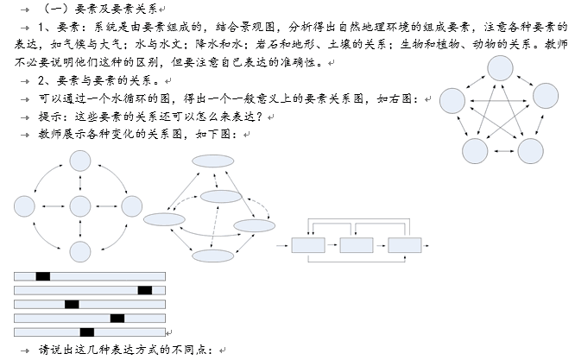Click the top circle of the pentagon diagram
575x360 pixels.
click(500, 68)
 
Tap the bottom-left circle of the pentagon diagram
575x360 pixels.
click(475, 151)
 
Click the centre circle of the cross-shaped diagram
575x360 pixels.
click(80, 206)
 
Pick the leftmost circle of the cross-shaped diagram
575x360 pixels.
click(24, 206)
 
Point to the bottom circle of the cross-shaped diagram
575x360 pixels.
click(80, 251)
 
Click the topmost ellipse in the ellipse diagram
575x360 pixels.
click(213, 161)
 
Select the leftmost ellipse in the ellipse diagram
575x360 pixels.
click(164, 219)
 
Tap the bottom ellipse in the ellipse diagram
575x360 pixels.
click(213, 256)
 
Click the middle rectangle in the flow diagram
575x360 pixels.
click(357, 245)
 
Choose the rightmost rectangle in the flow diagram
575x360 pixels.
click(404, 245)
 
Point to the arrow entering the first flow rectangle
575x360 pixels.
click(282, 245)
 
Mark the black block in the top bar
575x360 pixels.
click(43, 276)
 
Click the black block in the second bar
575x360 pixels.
click(145, 290)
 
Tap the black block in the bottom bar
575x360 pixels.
click(87, 332)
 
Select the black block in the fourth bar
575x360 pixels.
click(117, 319)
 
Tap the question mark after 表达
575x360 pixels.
click(259, 117)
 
